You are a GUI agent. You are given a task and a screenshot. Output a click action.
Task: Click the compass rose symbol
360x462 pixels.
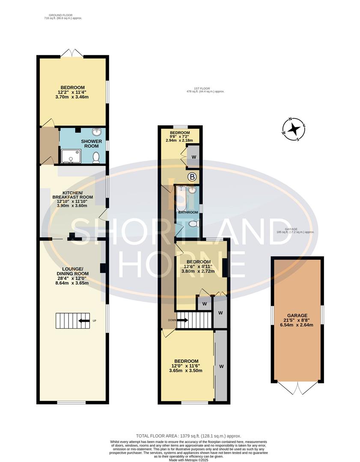pos(293,129)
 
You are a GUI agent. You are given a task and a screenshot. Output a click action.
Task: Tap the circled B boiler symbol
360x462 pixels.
pos(192,176)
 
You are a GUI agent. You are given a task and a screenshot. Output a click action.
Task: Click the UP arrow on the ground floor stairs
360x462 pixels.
pos(84,321)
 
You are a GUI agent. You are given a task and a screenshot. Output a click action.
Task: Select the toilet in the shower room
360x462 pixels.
pos(96,157)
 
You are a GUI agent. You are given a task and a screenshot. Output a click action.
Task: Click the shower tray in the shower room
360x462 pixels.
pos(71,157)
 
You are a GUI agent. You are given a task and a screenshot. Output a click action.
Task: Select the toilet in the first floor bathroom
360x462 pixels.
pos(194,224)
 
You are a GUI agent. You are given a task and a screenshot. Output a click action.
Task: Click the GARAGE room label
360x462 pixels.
pos(298,315)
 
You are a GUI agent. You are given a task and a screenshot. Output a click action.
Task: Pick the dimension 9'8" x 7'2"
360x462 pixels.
pos(179,137)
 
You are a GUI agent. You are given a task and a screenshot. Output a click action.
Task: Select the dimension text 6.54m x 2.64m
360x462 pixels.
pos(298,325)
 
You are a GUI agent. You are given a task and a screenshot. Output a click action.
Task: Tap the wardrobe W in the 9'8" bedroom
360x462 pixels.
pos(193,157)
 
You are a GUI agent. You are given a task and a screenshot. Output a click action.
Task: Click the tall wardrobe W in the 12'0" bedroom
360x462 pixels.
pos(221,366)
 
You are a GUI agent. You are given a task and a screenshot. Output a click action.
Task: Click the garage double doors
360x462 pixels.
pos(297,388)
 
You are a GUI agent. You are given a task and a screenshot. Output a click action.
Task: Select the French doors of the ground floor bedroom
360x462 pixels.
pos(72,53)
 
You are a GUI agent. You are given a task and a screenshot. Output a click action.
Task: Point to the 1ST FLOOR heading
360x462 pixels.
pos(205,89)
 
